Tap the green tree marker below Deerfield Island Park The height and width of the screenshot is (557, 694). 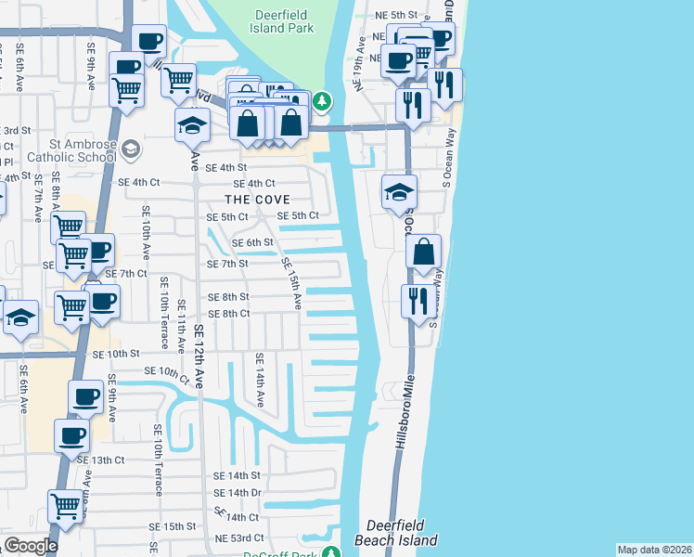tap(321, 100)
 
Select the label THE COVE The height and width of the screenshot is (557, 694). tap(257, 200)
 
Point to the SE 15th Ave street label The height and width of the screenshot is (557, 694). tap(291, 282)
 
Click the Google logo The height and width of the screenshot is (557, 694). tap(30, 546)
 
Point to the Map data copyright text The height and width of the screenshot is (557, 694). tap(654, 550)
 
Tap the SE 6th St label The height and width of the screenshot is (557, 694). tap(252, 242)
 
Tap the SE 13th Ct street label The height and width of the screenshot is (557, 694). tap(100, 460)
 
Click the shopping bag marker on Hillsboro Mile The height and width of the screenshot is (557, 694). tap(423, 253)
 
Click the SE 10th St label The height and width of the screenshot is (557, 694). tap(115, 354)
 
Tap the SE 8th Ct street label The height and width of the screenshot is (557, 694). tap(229, 314)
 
